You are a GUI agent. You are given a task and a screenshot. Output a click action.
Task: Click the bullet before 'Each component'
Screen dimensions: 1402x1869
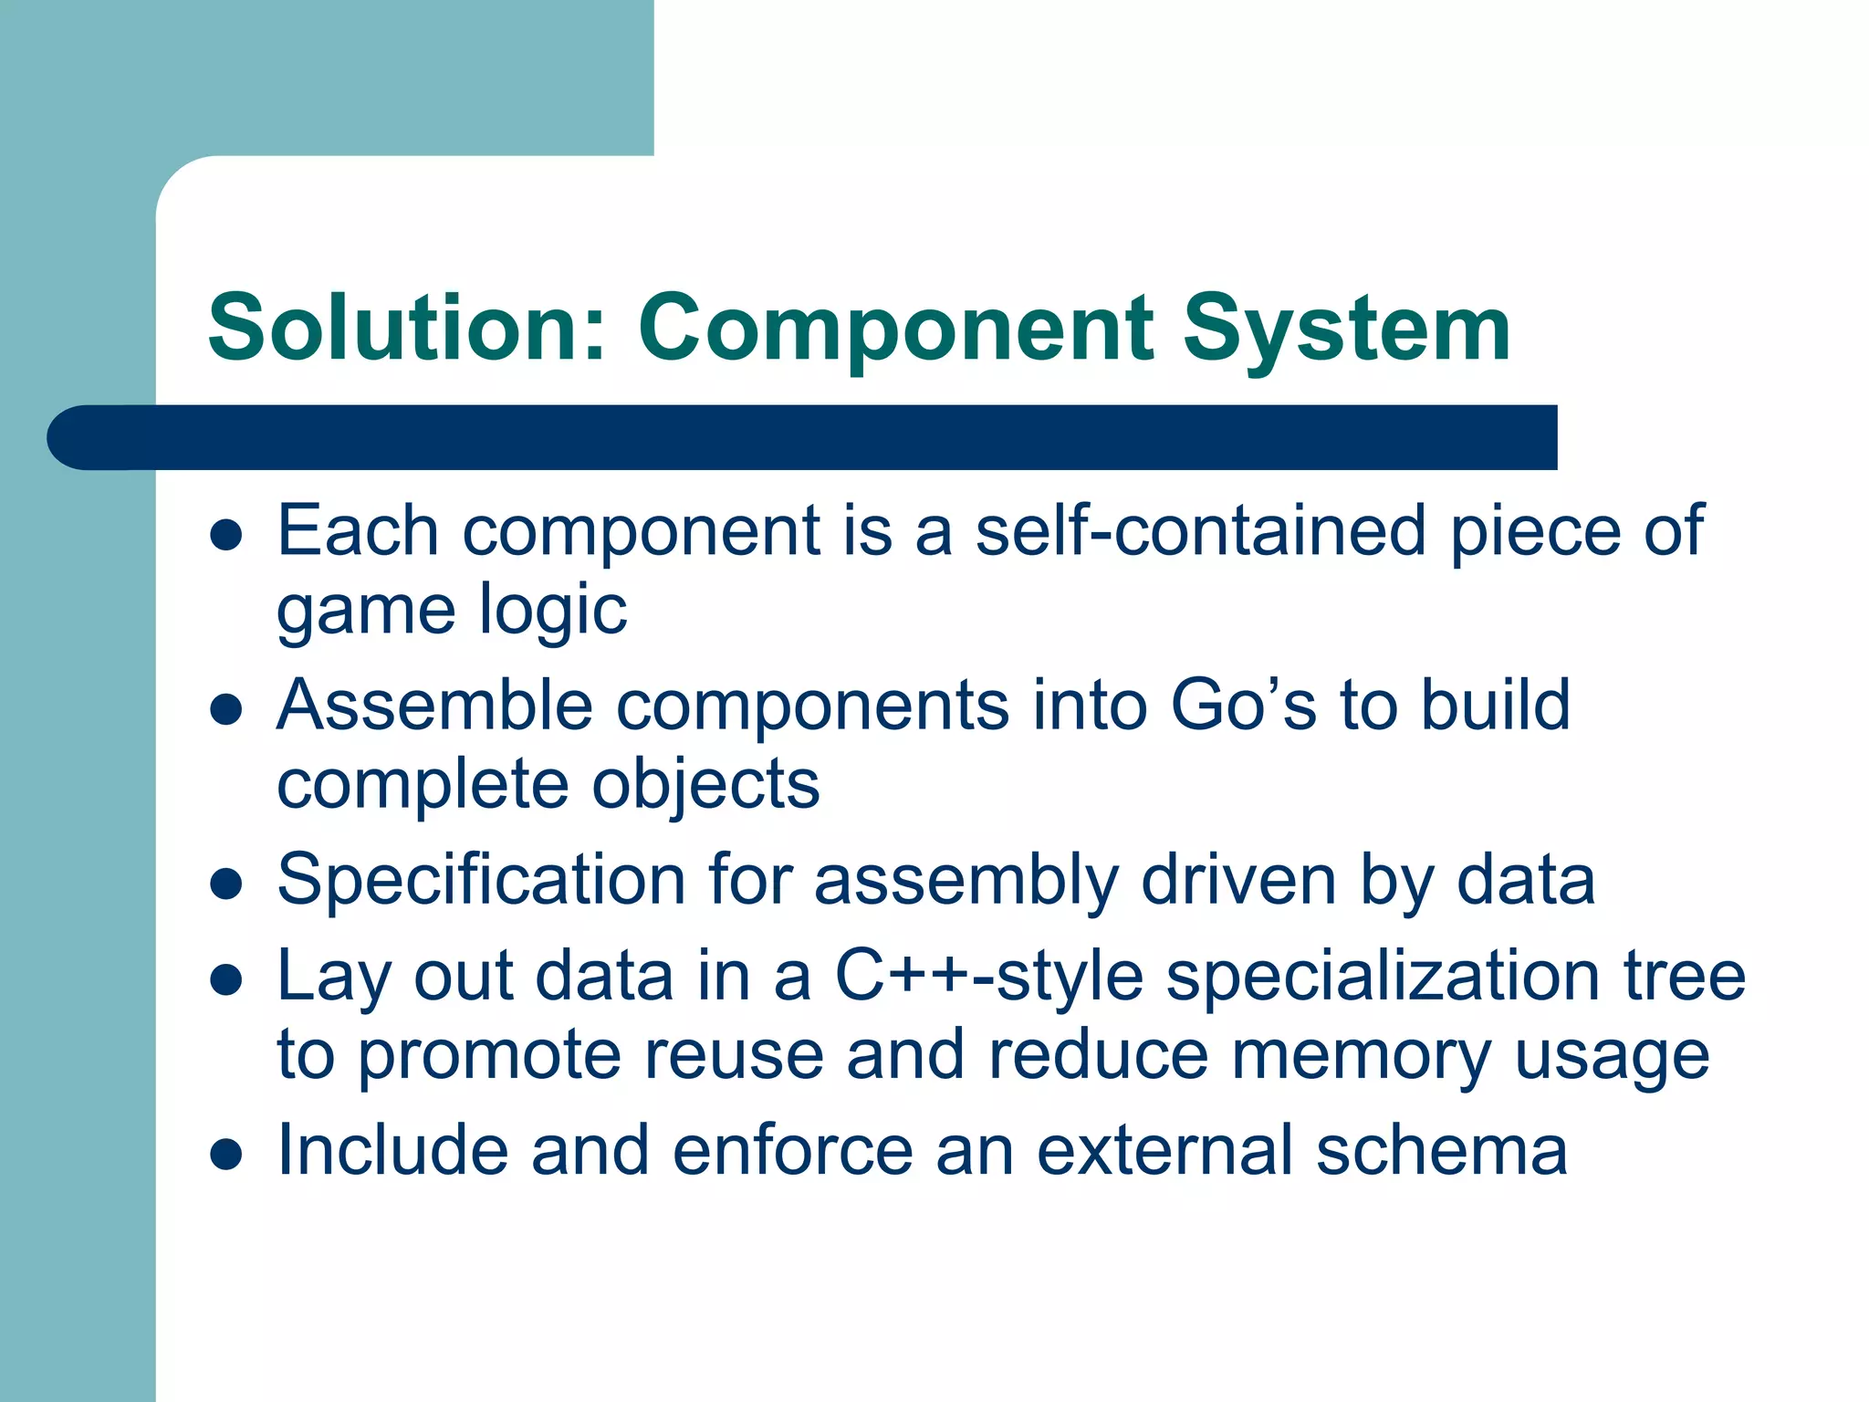click(x=225, y=535)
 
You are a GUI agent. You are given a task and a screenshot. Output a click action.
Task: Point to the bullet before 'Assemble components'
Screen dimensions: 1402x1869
click(x=225, y=709)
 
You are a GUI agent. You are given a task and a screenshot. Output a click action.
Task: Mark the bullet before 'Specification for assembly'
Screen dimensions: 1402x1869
click(x=225, y=884)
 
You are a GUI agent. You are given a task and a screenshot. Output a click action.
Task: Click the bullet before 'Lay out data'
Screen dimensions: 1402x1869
click(x=225, y=979)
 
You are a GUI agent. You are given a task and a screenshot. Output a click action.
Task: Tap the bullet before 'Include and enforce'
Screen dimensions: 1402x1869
click(x=225, y=1154)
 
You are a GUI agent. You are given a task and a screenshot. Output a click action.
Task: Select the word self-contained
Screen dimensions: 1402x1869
click(x=1200, y=530)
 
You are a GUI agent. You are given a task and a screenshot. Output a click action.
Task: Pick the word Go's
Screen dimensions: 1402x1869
click(x=1243, y=706)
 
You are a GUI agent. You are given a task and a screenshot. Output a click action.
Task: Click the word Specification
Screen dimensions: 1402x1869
click(x=481, y=882)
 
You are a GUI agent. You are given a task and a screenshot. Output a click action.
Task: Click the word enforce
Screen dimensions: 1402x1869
click(x=793, y=1150)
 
